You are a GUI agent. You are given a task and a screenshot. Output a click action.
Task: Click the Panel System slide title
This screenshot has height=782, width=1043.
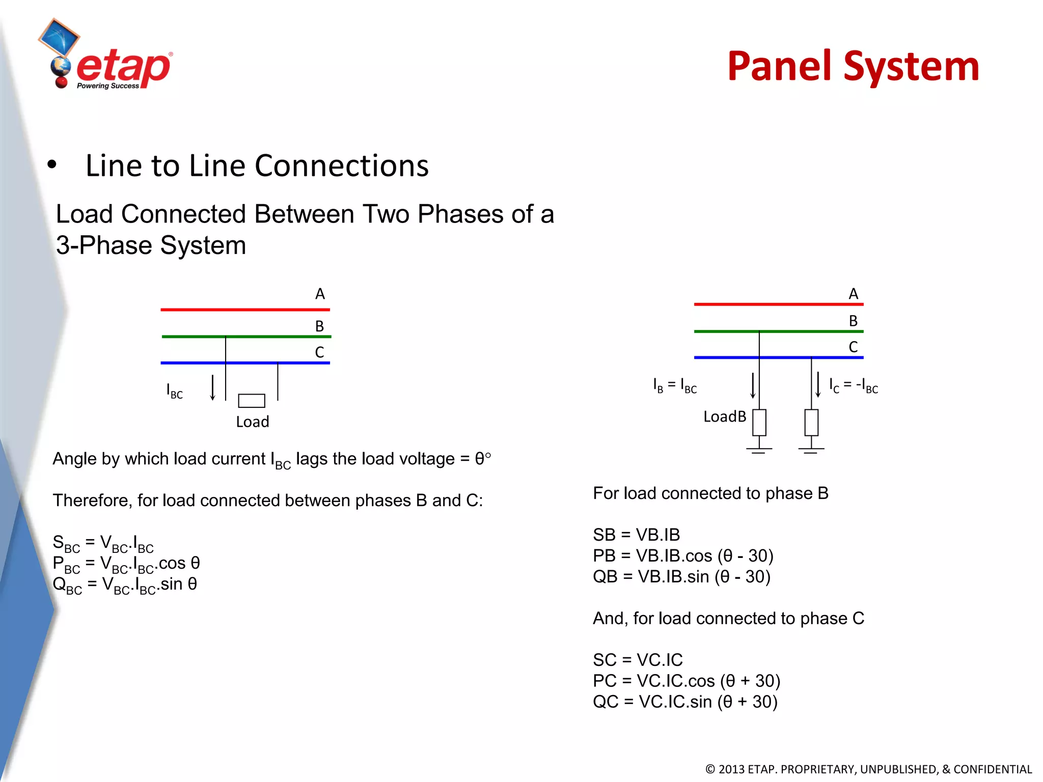tap(853, 67)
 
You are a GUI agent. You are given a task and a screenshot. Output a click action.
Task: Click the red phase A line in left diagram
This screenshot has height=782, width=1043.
tap(245, 309)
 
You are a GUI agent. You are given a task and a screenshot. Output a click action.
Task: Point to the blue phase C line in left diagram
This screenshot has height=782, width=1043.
tap(245, 363)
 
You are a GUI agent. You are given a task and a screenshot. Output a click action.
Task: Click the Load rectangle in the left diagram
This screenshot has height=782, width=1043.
tap(252, 401)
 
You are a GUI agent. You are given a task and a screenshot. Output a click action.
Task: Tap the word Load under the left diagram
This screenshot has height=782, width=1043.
tap(253, 422)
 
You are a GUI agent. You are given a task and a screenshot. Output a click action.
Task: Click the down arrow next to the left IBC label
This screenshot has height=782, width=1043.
tap(213, 388)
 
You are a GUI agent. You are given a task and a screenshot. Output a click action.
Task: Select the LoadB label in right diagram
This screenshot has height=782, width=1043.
tap(724, 417)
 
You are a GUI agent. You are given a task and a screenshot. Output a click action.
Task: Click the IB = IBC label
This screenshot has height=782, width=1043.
tap(675, 386)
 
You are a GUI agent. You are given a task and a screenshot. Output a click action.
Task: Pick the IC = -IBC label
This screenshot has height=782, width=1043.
tap(854, 386)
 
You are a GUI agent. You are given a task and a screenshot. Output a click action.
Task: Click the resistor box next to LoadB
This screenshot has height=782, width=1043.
tap(759, 423)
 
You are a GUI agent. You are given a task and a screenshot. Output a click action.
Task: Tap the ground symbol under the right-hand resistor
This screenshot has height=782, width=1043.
tap(811, 450)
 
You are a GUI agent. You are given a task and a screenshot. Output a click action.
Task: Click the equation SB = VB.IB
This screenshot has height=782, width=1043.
tap(636, 535)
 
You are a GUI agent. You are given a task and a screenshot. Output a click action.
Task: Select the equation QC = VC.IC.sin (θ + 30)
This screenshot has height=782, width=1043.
tap(685, 702)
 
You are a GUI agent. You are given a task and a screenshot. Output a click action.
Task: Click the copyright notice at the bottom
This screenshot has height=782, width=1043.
tap(868, 769)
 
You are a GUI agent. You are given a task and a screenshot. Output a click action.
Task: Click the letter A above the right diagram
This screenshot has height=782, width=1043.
tap(854, 294)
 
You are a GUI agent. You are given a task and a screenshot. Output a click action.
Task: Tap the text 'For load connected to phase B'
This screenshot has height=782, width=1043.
tap(710, 493)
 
